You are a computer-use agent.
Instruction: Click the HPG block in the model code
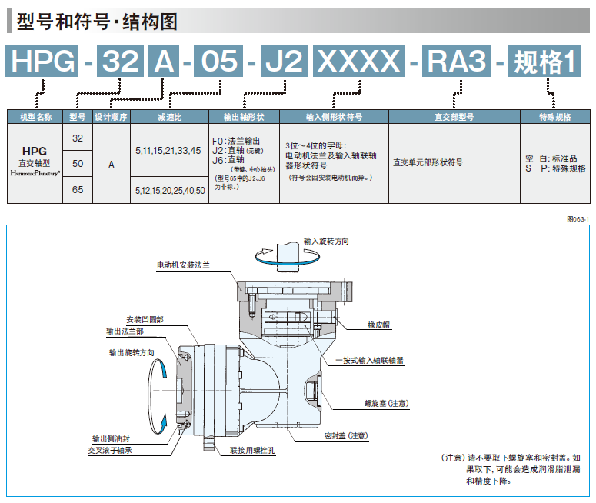tap(43, 62)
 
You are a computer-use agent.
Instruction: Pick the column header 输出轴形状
tap(243, 118)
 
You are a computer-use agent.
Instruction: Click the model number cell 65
tap(77, 189)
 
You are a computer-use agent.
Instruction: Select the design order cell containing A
tap(112, 164)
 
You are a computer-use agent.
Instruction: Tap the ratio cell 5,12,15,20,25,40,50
tap(170, 189)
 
